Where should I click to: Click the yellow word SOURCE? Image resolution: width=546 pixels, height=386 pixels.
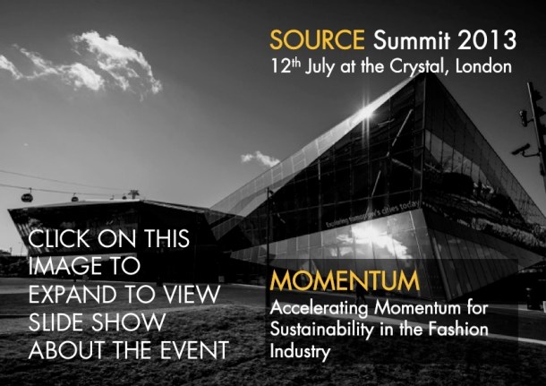(x=305, y=39)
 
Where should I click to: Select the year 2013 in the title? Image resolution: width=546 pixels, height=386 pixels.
(x=488, y=39)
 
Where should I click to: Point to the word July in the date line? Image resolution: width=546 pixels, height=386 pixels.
(x=324, y=65)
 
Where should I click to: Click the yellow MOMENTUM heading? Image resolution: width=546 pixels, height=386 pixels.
(x=344, y=281)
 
